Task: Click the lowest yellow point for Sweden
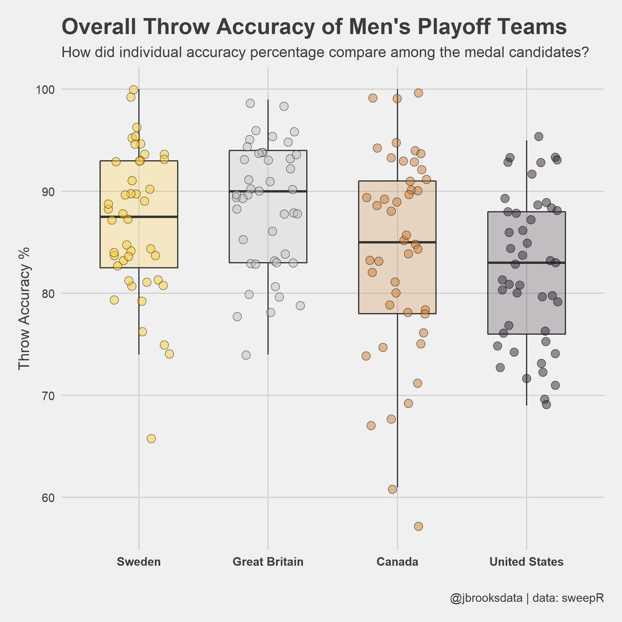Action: (151, 439)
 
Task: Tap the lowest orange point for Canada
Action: (418, 526)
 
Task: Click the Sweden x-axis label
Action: (138, 562)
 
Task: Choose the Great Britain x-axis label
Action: (268, 562)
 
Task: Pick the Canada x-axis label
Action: (397, 562)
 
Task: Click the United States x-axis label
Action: (526, 562)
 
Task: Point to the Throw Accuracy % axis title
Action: (24, 309)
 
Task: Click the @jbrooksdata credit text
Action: (486, 598)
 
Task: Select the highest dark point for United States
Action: (539, 136)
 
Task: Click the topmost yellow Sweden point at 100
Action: (133, 90)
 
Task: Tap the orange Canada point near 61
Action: (392, 489)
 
